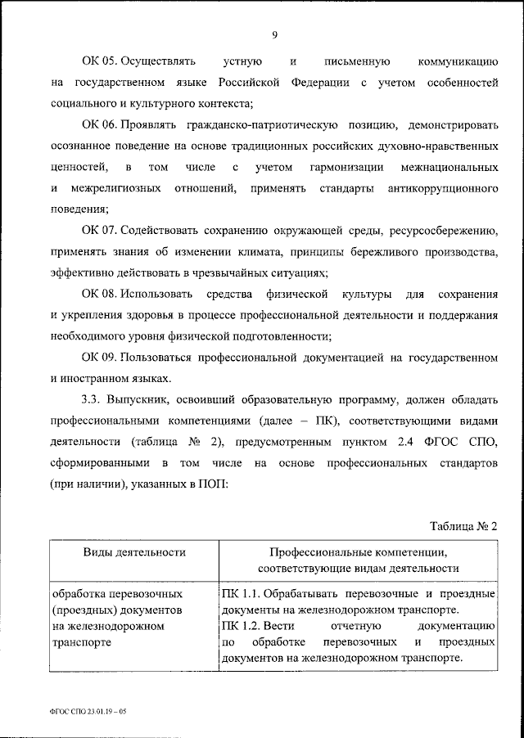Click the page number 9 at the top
273,34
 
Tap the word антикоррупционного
434,188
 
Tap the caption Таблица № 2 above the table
463,525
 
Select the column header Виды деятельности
133,553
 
